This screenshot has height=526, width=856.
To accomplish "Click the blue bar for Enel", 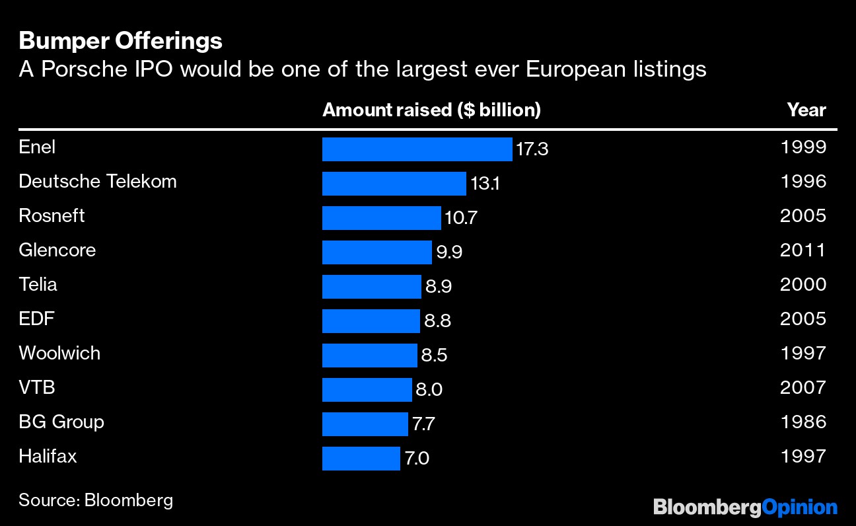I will point(417,149).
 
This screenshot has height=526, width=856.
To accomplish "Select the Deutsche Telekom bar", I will point(394,184).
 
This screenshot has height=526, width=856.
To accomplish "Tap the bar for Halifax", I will point(361,459).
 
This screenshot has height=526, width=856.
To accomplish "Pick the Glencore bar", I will point(376,252).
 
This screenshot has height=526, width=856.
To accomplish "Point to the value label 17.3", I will point(532,149).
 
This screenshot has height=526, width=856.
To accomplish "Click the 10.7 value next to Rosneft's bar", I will point(460,217).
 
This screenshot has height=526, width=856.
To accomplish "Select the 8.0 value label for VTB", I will point(429,390).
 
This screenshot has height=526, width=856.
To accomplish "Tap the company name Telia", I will point(38,284).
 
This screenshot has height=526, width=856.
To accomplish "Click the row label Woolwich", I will point(59,353).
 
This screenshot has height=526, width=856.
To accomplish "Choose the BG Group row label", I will point(61,422).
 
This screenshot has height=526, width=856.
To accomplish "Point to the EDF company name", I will point(36,319).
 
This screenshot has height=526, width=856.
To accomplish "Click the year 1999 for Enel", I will point(803,147).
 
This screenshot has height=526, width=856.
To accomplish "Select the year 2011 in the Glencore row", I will point(803,250).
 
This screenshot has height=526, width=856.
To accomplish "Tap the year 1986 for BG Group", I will point(803,422).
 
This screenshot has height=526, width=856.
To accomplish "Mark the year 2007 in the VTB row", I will point(803,387).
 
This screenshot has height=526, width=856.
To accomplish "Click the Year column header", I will point(806,110).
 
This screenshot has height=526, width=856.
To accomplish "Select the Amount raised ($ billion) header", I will point(431,110).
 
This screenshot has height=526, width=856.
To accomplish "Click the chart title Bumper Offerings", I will point(120,41).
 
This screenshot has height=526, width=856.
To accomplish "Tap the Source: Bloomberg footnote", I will point(96,500).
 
